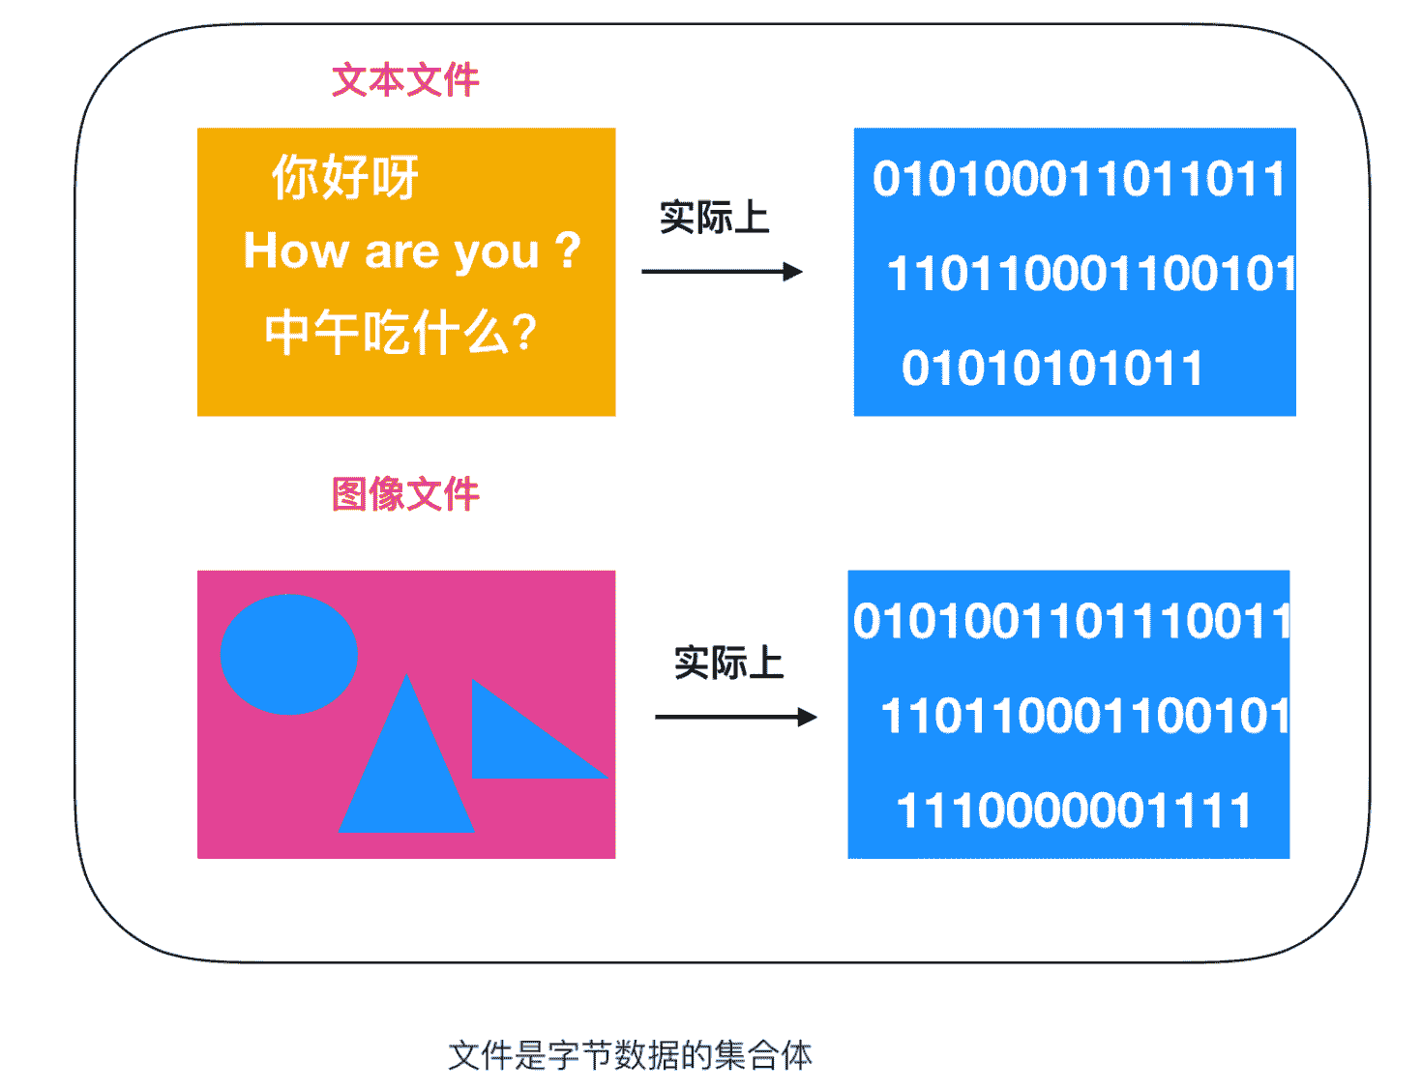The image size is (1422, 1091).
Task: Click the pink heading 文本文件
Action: (405, 80)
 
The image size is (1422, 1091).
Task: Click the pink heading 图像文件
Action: (405, 493)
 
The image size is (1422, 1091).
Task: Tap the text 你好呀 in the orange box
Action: (345, 177)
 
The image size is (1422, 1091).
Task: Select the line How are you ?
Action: (412, 251)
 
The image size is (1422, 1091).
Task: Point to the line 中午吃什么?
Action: (400, 333)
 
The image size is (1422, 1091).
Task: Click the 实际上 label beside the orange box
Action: (714, 218)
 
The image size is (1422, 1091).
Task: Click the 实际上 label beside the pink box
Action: (728, 662)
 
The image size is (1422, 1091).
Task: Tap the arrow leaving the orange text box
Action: (722, 271)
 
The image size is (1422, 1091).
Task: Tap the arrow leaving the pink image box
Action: (735, 717)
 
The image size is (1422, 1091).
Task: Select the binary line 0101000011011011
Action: (1079, 179)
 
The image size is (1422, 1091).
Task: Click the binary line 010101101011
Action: (1051, 368)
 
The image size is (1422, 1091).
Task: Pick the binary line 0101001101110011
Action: (1071, 620)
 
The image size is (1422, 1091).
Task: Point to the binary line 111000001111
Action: (1073, 811)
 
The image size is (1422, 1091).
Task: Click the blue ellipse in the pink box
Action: (288, 654)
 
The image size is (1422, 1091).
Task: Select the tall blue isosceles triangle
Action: (406, 752)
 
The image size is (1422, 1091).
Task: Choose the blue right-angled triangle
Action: (540, 728)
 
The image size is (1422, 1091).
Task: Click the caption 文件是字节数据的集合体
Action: (630, 1054)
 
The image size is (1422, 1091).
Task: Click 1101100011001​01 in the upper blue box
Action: (1091, 273)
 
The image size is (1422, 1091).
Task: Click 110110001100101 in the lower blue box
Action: (1085, 716)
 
